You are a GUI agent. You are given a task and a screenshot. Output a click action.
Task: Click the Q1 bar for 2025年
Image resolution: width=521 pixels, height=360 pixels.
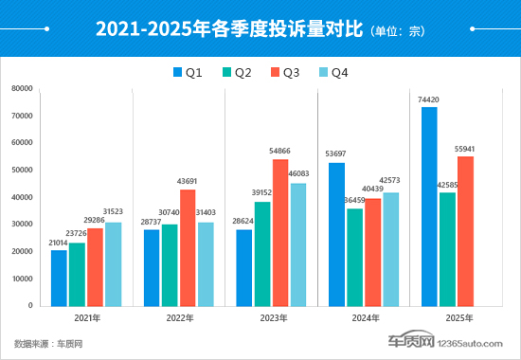tap(429, 207)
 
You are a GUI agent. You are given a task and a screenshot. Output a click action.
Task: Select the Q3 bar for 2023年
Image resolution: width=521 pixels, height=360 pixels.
tap(280, 232)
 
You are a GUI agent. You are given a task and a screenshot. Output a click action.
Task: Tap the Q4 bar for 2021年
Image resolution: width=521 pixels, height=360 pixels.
tap(113, 263)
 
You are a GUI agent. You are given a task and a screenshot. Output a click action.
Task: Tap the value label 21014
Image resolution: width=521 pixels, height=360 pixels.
tap(59, 242)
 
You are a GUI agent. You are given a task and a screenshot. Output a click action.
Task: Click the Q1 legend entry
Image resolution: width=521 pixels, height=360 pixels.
tap(184, 72)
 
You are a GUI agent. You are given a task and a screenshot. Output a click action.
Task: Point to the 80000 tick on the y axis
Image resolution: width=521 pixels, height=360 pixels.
tap(22, 89)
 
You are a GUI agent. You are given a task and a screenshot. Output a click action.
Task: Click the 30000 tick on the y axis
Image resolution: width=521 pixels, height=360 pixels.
tap(22, 225)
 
